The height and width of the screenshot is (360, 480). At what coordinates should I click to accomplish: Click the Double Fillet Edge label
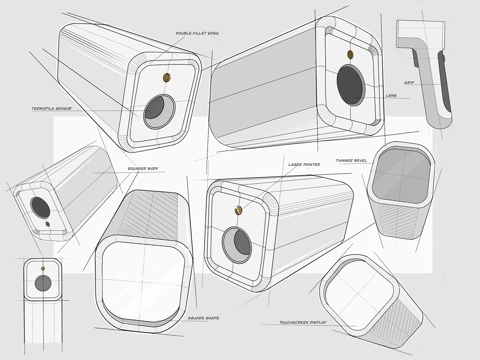click(x=197, y=34)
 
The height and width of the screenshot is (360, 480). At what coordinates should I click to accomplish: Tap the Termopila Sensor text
click(x=52, y=108)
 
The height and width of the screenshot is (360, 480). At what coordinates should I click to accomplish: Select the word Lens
click(x=391, y=96)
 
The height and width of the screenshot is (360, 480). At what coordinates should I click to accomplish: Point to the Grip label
click(x=409, y=83)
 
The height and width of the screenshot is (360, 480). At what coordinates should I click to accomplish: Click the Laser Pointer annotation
click(x=304, y=164)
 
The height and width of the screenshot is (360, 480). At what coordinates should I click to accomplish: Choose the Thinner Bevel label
click(x=351, y=160)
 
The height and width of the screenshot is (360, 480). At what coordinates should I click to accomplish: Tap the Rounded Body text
click(x=143, y=169)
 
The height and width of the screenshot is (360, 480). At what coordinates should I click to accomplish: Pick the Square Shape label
click(x=203, y=318)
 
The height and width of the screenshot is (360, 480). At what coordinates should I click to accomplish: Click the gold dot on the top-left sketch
click(x=167, y=77)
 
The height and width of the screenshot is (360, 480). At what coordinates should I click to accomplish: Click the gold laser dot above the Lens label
click(x=351, y=54)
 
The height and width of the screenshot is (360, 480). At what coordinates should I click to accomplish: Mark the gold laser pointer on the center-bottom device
click(x=239, y=208)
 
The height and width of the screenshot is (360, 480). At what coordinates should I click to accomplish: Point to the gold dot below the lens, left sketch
click(x=48, y=224)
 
